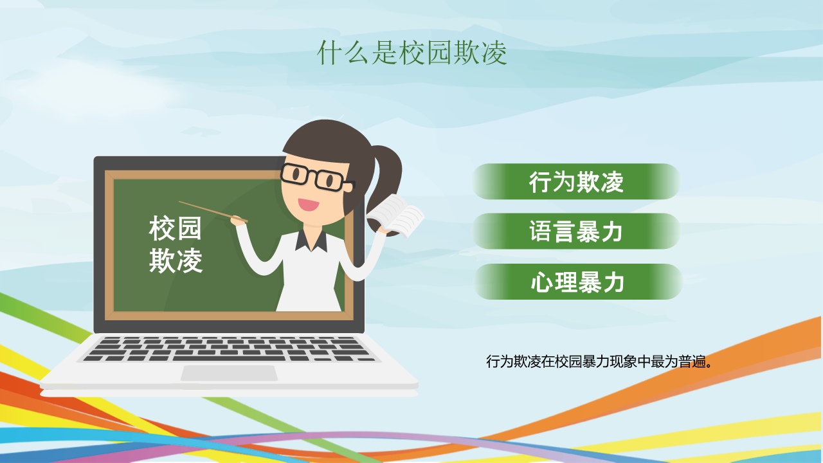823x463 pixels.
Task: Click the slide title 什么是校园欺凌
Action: coord(412,53)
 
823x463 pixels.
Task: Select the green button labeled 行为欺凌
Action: coord(576,181)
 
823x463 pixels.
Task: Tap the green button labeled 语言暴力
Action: coord(576,232)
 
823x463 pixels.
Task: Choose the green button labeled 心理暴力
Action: coord(578,282)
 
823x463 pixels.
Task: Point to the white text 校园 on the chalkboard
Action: coord(176,228)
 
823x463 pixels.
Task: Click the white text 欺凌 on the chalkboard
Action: coord(176,260)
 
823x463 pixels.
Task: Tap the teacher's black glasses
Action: coord(317,177)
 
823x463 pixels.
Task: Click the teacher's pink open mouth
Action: coord(308,204)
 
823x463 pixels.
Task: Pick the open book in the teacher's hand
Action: coord(396,216)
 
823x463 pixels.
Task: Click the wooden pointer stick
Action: coord(213,212)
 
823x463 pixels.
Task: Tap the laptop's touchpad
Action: coord(229,373)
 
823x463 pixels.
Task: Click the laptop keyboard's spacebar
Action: coord(228,359)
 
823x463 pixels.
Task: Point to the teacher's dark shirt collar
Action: coord(311,241)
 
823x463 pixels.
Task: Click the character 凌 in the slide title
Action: coord(494,53)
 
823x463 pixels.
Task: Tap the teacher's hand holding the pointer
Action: coord(238,221)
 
